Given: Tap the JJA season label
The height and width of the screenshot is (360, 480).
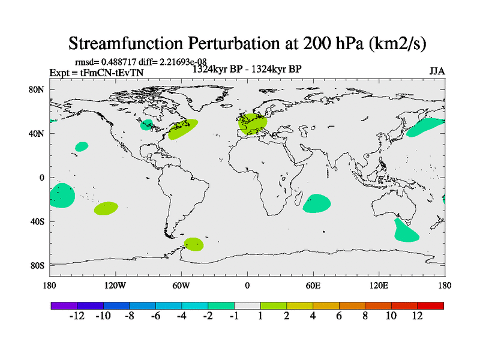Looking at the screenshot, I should [437, 71].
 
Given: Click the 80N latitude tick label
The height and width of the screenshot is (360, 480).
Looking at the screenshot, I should [38, 89].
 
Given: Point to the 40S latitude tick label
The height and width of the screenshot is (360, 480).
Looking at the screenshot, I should [38, 221].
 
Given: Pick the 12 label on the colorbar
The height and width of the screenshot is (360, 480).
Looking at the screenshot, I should [418, 316].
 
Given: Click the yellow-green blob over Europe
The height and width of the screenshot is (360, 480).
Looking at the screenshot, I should [253, 124].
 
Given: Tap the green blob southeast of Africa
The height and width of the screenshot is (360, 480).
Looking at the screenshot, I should [316, 204].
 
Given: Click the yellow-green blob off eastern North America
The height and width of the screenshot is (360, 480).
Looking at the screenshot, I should [183, 128].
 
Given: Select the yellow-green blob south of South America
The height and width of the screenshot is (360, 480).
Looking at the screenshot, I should [193, 244].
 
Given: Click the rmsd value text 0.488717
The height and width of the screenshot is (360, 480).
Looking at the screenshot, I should [118, 62].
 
